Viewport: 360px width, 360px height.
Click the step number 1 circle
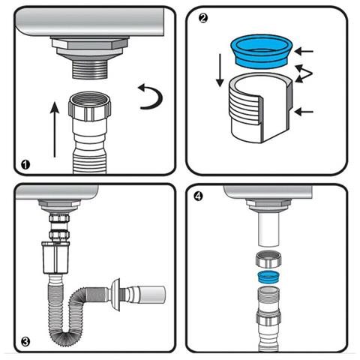coord(25,165)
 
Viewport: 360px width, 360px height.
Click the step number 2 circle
coord(203,18)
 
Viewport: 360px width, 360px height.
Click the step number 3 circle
coord(25,341)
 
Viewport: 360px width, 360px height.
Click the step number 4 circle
coord(198,196)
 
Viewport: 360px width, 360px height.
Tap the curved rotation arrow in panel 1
coord(159,97)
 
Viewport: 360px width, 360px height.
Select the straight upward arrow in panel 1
coord(55,129)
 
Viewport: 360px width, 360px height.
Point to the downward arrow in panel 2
coord(220,70)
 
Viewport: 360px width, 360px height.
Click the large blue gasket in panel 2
coord(262,51)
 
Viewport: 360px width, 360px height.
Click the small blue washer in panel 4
coord(268,277)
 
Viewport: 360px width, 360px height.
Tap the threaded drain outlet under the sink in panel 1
coord(90,69)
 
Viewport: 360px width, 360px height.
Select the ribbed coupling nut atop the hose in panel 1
coord(90,106)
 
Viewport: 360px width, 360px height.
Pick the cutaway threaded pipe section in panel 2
coord(260,108)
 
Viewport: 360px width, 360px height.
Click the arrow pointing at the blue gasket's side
coord(304,52)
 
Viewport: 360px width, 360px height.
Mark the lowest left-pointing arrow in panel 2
coord(304,112)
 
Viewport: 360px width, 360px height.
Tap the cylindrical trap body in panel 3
coord(55,257)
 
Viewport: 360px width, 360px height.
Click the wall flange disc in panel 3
coord(116,294)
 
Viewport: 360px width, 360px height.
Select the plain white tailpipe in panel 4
coord(268,229)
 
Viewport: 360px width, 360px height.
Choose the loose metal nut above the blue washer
coord(268,260)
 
